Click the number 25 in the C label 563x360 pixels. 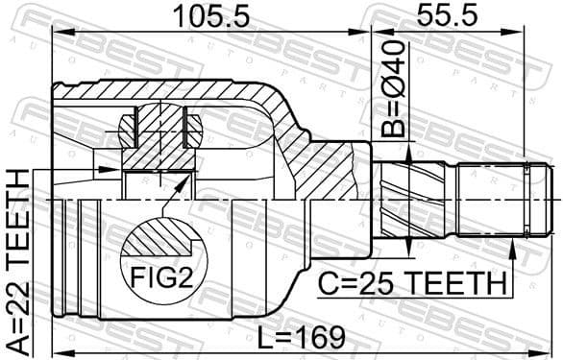click(x=377, y=283)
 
